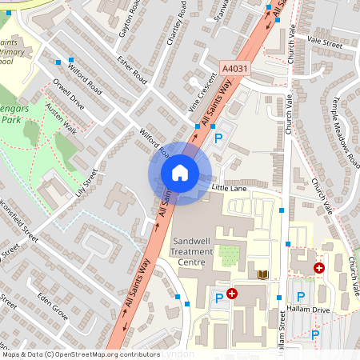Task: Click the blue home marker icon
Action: click(x=179, y=172)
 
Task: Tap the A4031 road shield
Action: click(x=235, y=69)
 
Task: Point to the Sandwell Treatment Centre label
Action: click(x=192, y=251)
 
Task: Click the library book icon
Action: click(x=261, y=274)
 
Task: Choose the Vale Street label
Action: click(x=324, y=45)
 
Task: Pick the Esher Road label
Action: click(x=132, y=69)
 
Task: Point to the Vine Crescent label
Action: click(x=202, y=93)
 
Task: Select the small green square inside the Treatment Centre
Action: click(x=230, y=256)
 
